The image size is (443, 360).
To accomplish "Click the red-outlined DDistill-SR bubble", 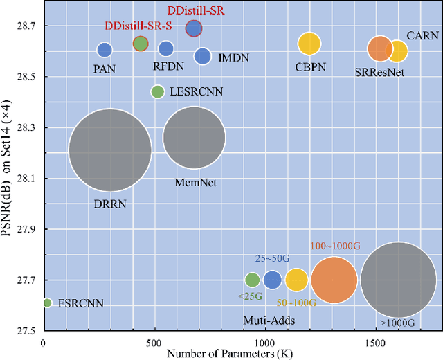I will tap(194, 28).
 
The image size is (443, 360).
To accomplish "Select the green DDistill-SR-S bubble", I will tap(141, 44).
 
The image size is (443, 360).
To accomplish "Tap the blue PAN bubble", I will tap(104, 50).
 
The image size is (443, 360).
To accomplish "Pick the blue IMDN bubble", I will tap(203, 56).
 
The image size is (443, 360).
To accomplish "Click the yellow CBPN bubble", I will tap(309, 44).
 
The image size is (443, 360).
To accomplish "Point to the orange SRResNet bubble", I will tap(380, 49).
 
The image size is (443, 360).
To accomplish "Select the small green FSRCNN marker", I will tap(47, 303).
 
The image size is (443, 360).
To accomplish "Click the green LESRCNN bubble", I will tap(158, 91).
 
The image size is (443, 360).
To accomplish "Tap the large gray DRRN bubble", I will tap(110, 150).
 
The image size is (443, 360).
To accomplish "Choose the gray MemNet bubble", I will tap(195, 138).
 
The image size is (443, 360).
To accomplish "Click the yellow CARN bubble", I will tap(398, 51).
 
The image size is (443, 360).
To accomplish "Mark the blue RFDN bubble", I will tap(166, 48).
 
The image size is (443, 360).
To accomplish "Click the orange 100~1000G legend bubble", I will tap(334, 280).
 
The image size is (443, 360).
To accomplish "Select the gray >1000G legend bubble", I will tap(399, 280).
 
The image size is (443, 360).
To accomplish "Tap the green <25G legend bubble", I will tap(253, 280).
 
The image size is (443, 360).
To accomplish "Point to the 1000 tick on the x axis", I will tap(264, 342).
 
